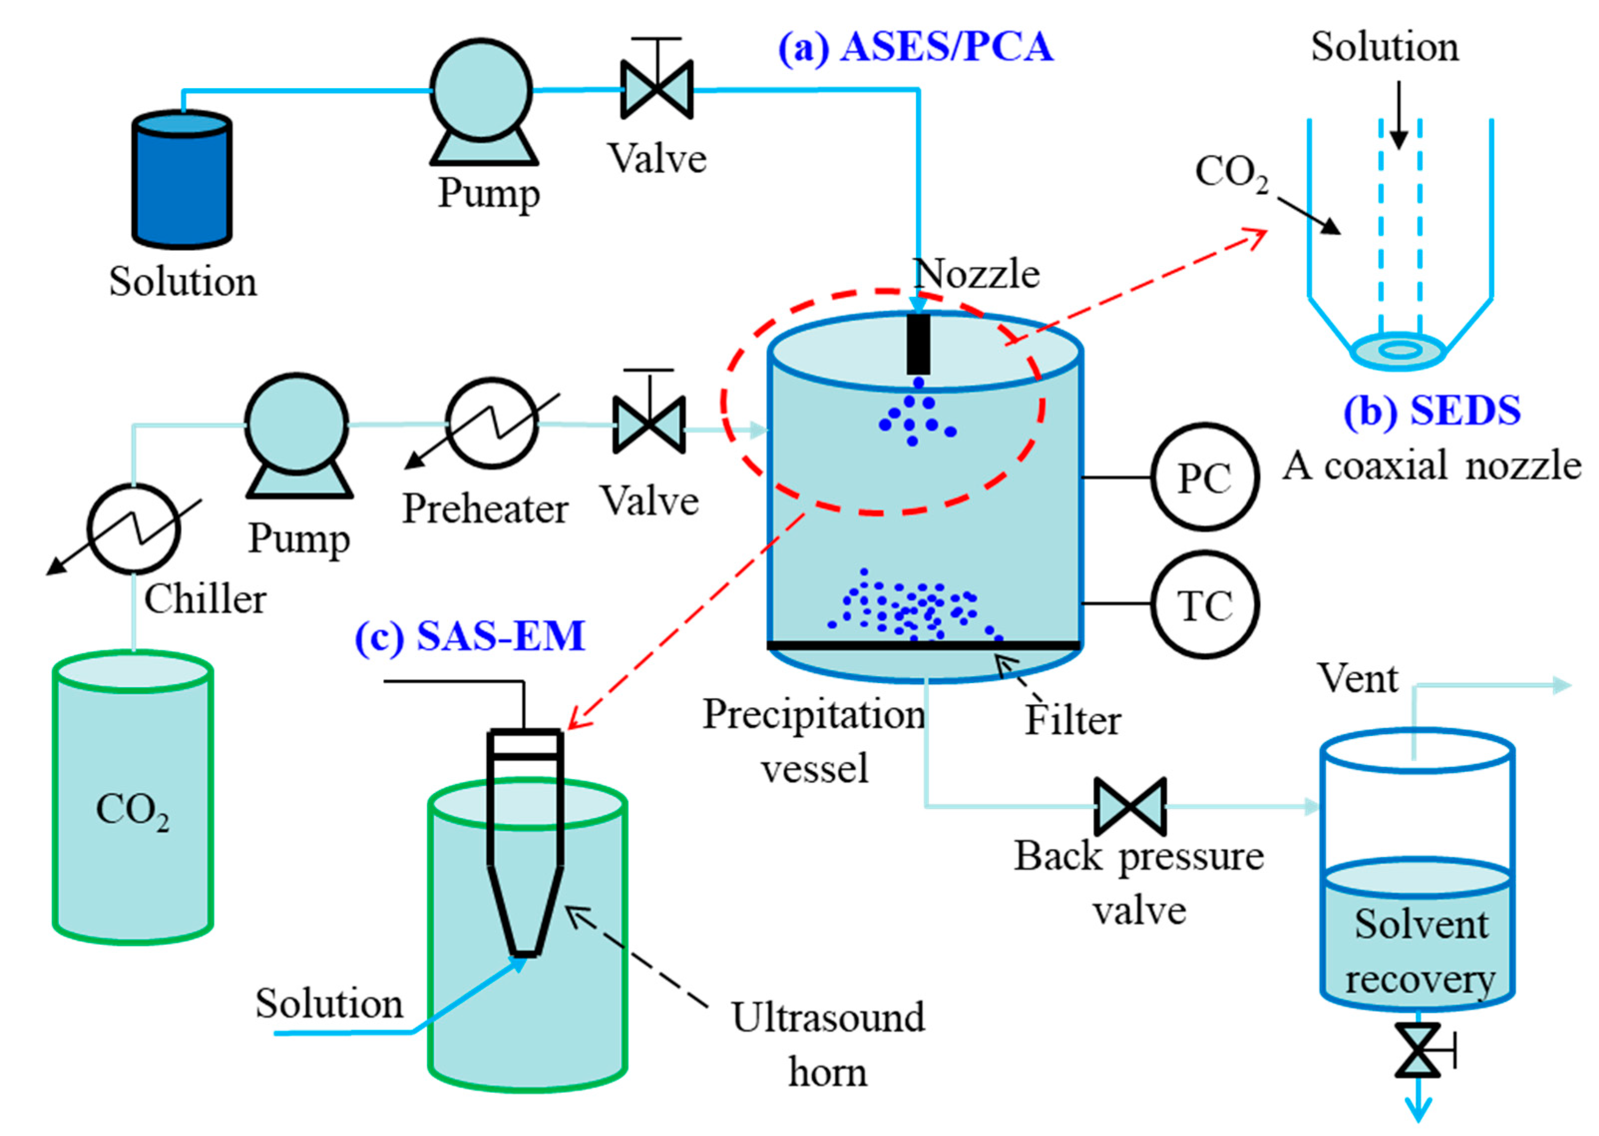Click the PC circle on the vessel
(1204, 478)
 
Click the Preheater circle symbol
(492, 424)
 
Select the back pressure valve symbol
(1130, 806)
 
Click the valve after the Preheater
(649, 424)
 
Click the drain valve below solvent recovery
(1417, 1049)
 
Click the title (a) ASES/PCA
(915, 47)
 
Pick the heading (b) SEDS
(1431, 410)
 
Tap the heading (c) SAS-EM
(469, 636)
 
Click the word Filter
(1072, 721)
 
